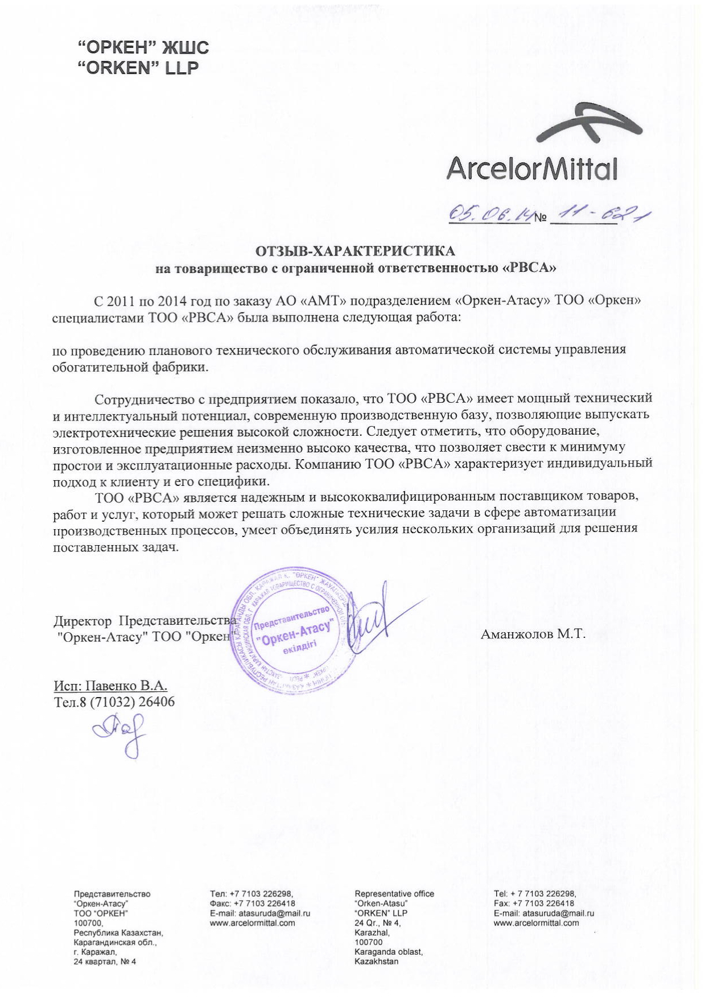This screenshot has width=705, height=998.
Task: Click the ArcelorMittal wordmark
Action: click(532, 168)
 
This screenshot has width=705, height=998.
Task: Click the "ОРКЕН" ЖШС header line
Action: click(143, 47)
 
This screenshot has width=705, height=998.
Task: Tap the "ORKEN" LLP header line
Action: click(138, 68)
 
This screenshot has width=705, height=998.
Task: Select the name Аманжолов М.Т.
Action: click(533, 634)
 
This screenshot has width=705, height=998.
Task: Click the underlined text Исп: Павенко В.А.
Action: click(110, 686)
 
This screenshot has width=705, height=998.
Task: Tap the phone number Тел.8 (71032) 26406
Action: click(114, 702)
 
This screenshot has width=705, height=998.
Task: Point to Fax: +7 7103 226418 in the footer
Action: click(534, 903)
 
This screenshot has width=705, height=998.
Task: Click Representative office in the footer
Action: click(394, 893)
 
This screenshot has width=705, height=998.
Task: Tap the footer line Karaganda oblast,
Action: click(388, 951)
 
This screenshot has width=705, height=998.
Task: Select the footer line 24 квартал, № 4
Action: click(105, 962)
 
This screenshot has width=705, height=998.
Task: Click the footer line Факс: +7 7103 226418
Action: click(252, 903)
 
